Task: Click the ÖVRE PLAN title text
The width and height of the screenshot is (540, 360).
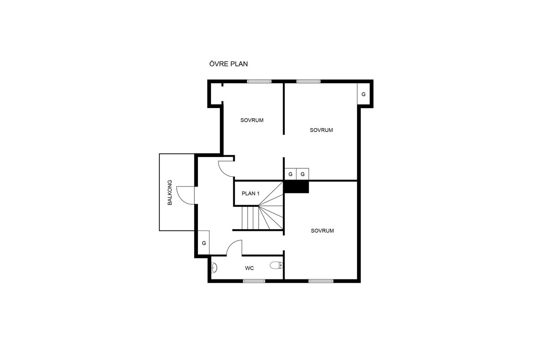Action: (x=228, y=64)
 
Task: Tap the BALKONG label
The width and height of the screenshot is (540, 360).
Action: (x=170, y=192)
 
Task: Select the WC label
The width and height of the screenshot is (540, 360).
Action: (x=249, y=268)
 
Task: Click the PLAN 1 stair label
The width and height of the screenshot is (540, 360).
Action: (x=251, y=193)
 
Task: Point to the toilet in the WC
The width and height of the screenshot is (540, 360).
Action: (x=276, y=265)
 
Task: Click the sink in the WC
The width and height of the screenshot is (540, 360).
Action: (x=214, y=268)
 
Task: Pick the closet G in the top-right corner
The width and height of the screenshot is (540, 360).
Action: (x=363, y=94)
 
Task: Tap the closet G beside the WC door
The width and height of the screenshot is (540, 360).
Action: (x=204, y=243)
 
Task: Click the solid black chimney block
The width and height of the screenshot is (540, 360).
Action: (x=297, y=187)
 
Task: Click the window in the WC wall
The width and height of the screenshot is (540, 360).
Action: (x=254, y=281)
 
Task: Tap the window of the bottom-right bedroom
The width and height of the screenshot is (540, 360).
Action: (x=321, y=281)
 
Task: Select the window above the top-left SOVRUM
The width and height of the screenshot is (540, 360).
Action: (x=259, y=81)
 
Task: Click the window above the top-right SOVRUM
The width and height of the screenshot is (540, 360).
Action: (x=308, y=81)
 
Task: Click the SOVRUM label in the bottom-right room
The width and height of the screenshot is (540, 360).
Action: (x=322, y=231)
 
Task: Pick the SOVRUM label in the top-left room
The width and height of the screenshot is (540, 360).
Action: (x=252, y=120)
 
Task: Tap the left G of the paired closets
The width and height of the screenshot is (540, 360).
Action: (x=290, y=174)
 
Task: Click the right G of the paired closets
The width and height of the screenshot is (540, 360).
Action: (x=302, y=174)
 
